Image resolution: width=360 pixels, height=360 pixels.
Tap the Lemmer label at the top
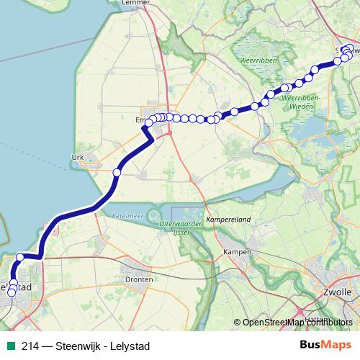(140, 3)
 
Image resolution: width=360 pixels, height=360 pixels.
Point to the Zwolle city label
(338, 292)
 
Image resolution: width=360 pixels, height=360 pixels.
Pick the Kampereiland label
(228, 217)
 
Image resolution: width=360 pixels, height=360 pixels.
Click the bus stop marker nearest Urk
(117, 172)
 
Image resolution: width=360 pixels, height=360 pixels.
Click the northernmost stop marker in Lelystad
(20, 257)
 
